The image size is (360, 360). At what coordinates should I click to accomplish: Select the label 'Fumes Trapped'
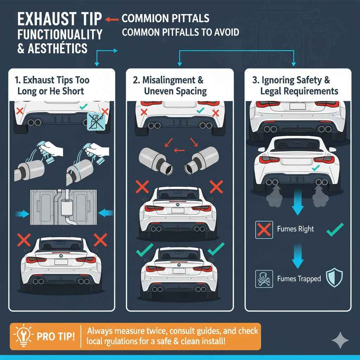pos(299,279)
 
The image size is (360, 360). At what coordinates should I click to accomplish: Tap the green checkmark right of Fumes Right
pos(335,231)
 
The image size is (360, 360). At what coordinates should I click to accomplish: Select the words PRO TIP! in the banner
pos(56,336)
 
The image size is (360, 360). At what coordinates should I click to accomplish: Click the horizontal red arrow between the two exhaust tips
pos(180,151)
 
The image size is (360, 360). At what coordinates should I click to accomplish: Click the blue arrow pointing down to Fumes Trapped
pos(297,258)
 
